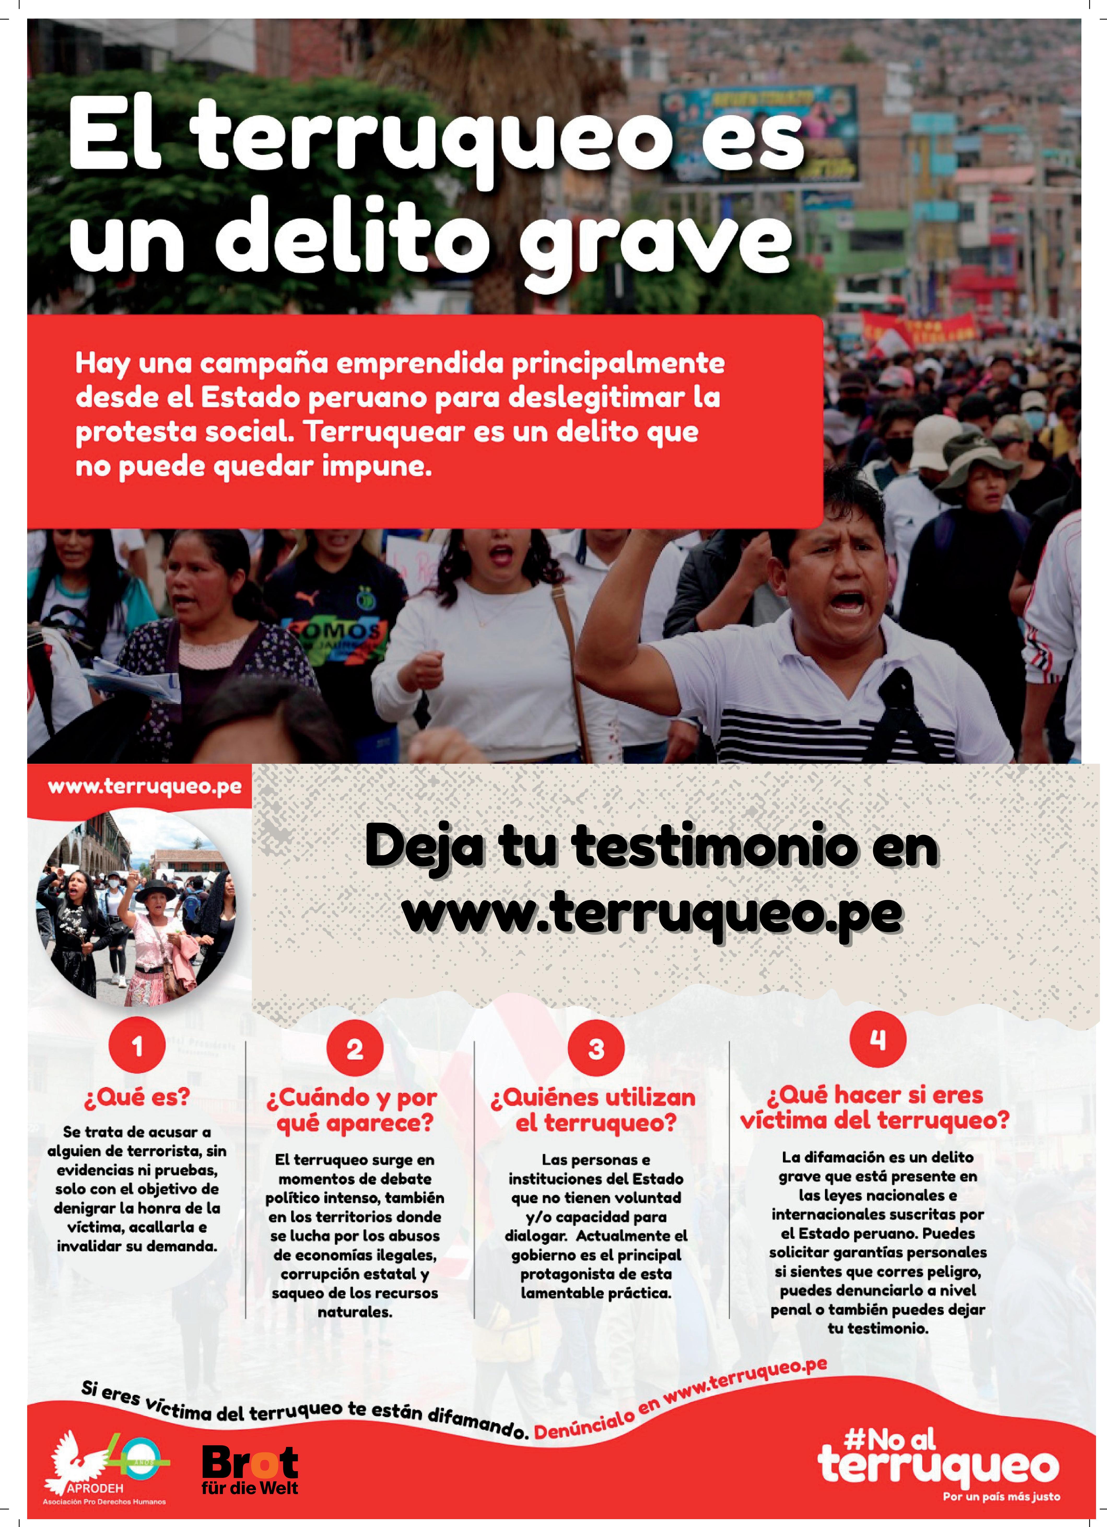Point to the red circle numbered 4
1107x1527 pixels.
[877, 1040]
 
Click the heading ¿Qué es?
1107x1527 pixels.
[137, 1097]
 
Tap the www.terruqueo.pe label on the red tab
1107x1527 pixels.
[144, 787]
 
